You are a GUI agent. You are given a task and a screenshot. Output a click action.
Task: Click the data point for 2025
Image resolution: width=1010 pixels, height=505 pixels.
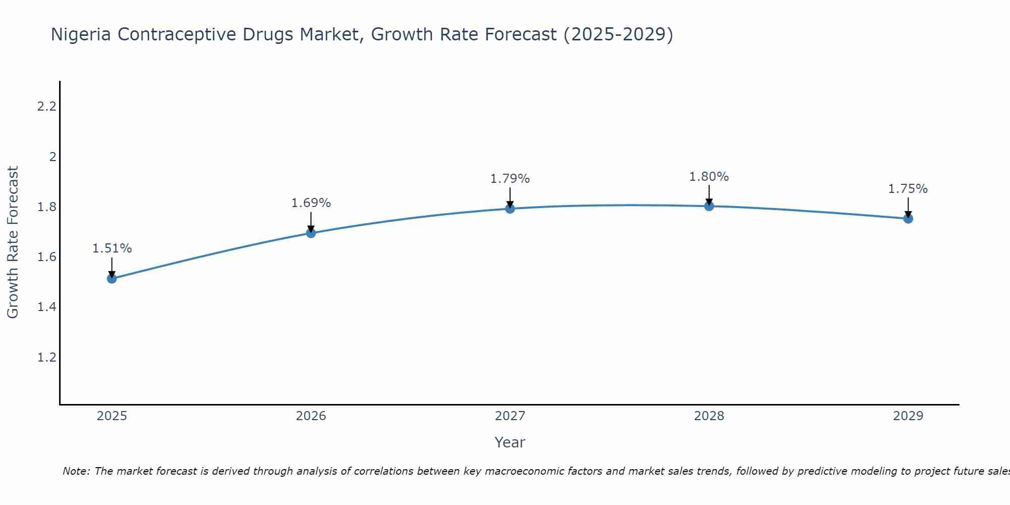[112, 278]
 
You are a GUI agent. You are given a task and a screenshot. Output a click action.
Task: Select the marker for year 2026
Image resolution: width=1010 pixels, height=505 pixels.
[311, 233]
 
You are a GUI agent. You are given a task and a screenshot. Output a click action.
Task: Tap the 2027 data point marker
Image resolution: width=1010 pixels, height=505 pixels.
[510, 209]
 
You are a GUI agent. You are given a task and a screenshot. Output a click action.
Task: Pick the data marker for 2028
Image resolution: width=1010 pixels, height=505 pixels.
[709, 206]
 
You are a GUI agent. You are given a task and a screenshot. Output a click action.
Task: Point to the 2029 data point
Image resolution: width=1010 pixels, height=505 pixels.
[908, 219]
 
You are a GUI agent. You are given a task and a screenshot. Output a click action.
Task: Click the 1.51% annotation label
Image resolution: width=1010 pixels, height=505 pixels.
[112, 248]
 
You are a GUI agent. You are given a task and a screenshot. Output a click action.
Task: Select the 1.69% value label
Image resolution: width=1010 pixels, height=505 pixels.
[311, 203]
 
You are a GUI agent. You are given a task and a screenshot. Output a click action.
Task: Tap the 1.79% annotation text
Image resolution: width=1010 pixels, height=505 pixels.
[510, 179]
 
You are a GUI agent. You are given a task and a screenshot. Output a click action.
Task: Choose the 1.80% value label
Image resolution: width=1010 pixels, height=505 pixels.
[709, 177]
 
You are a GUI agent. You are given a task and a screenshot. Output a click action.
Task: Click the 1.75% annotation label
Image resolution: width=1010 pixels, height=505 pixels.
[908, 189]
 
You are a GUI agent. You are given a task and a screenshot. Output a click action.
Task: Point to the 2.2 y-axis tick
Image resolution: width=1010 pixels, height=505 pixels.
[46, 107]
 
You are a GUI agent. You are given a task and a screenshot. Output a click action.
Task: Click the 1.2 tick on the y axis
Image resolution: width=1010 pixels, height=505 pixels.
[46, 358]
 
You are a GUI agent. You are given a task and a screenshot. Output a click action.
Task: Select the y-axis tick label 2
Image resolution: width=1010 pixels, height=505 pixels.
[53, 157]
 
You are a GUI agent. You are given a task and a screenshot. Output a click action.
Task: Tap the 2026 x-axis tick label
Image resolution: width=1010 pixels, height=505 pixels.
[311, 416]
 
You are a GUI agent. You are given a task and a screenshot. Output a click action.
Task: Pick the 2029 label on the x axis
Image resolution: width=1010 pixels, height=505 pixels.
[908, 416]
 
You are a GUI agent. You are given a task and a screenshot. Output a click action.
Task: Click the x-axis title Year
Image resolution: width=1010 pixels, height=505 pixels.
[510, 442]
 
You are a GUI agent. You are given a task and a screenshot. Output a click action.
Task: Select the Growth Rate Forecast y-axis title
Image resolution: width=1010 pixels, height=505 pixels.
[13, 242]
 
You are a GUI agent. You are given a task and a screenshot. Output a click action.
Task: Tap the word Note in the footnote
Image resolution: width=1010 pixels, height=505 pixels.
[76, 471]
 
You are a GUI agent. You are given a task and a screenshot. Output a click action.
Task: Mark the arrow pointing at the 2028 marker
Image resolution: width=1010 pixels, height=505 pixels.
[709, 194]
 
